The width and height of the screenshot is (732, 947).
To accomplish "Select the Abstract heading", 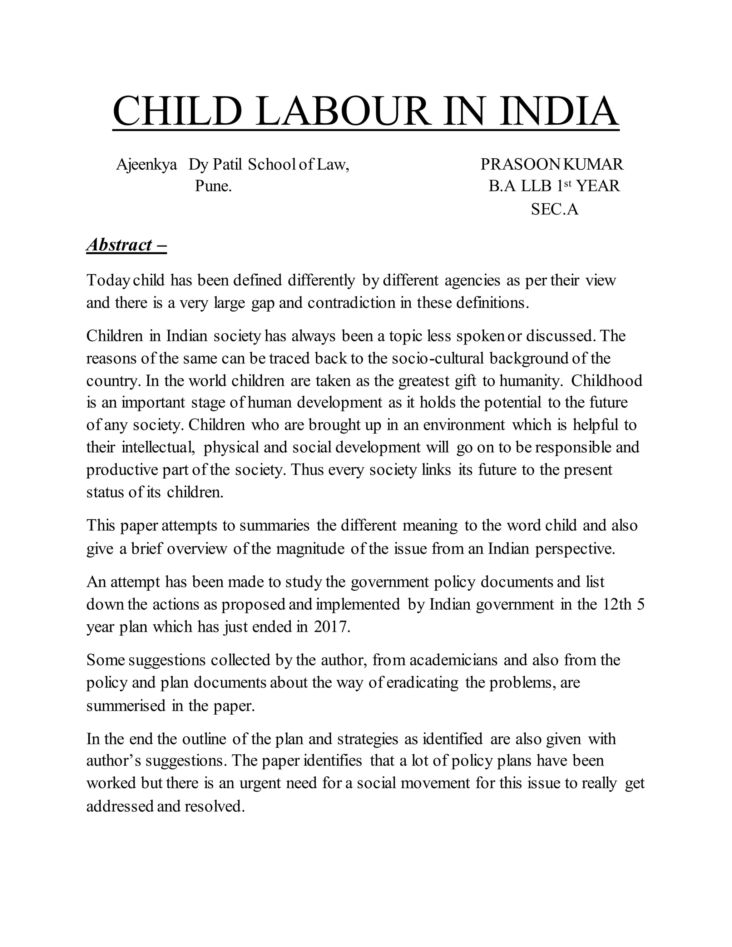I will click(x=126, y=245).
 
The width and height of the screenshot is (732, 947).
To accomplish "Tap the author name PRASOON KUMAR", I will click(x=552, y=164).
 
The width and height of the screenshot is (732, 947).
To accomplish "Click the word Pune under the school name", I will click(x=213, y=186).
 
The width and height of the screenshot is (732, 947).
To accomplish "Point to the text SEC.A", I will click(x=555, y=209).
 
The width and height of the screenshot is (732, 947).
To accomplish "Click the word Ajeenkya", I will click(x=147, y=165).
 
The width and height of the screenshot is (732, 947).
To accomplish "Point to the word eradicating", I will click(x=422, y=683).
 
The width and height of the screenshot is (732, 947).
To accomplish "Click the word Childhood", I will click(x=606, y=381).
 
